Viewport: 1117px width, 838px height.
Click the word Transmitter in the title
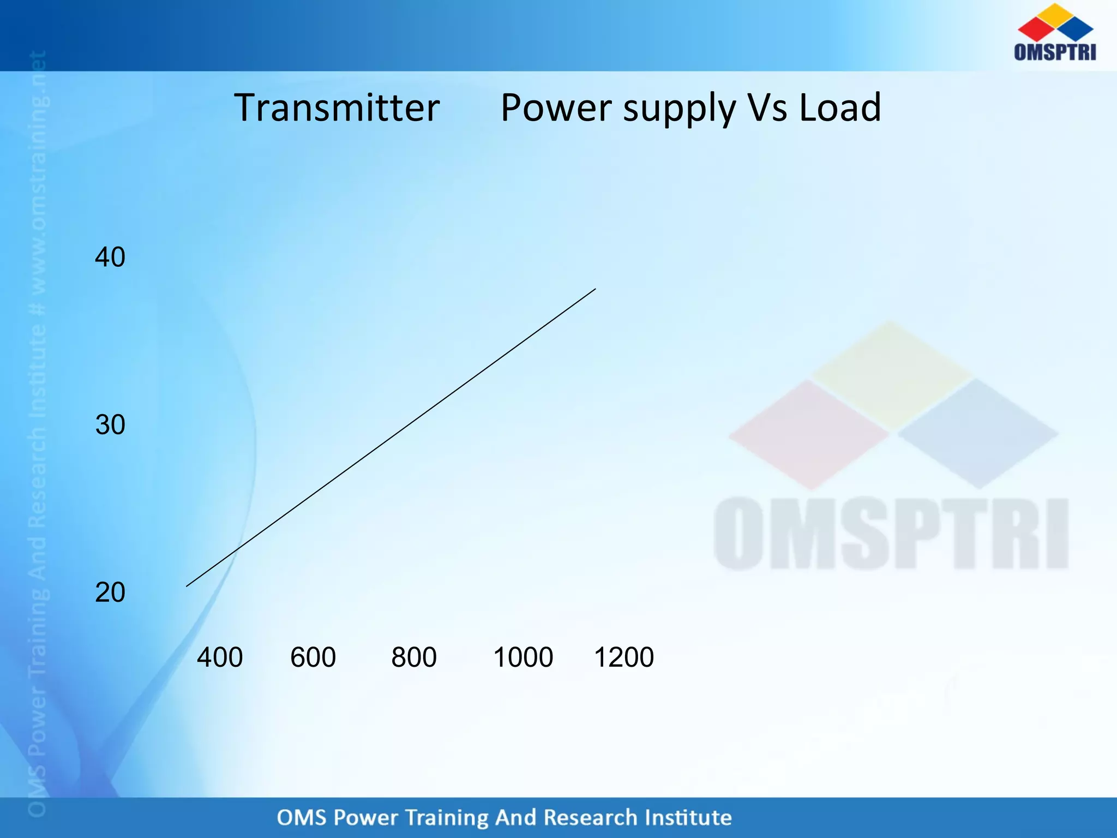337,107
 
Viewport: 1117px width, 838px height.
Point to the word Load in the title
840,107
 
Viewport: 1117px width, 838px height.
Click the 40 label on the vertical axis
110,257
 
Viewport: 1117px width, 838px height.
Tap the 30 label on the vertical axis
110,424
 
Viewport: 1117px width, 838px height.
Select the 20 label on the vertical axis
110,592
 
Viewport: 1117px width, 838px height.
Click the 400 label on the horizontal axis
220,657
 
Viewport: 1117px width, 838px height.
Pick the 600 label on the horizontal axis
313,657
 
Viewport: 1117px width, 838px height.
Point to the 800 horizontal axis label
414,657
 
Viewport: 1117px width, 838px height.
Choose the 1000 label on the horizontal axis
523,657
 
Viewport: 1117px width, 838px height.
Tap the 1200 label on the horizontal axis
624,657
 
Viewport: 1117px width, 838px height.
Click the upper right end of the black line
594,290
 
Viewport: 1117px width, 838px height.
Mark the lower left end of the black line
188,585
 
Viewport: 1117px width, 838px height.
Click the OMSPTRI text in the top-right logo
1055,52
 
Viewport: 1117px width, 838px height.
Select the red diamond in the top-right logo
1035,28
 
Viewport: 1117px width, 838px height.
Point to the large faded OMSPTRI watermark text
891,534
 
